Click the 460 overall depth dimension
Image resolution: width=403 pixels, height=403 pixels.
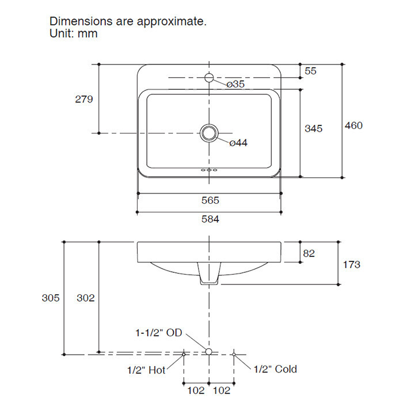click(x=353, y=126)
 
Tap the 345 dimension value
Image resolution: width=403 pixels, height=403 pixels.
click(x=313, y=128)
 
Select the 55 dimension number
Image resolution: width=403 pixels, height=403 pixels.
click(x=310, y=71)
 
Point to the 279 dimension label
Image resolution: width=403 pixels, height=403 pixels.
click(x=84, y=99)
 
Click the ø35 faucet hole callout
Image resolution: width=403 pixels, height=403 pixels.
click(x=235, y=84)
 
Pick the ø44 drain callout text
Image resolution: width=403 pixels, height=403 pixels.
click(x=238, y=143)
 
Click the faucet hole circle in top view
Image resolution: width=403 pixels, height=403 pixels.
click(x=209, y=77)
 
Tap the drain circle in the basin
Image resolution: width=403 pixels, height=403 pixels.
click(x=209, y=133)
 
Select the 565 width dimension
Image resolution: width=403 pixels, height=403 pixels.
click(x=210, y=200)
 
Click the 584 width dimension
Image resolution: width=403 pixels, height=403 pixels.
click(x=210, y=219)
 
